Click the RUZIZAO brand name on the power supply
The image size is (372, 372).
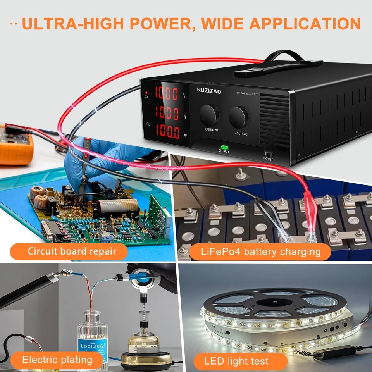pyautogui.click(x=209, y=91)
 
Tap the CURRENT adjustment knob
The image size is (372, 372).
pyautogui.click(x=210, y=114)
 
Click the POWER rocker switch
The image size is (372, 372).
pyautogui.click(x=268, y=153)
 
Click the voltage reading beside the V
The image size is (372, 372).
pyautogui.click(x=167, y=93)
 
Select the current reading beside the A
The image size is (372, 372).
pyautogui.click(x=167, y=113)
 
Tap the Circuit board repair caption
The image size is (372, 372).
pyautogui.click(x=72, y=251)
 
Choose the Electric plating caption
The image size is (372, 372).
pyautogui.click(x=57, y=360)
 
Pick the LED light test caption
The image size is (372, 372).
pyautogui.click(x=236, y=361)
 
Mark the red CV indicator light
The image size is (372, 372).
pyautogui.click(x=146, y=93)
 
